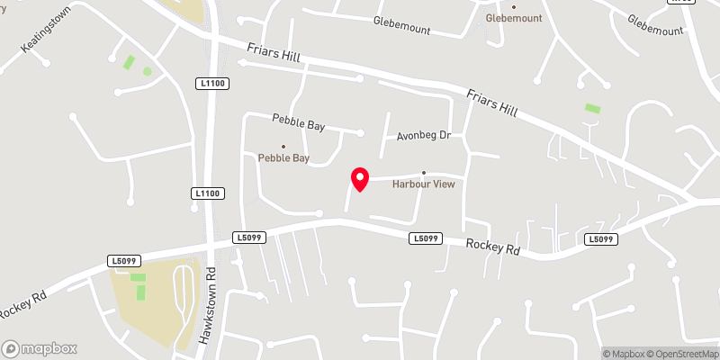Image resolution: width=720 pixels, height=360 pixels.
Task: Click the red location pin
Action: (360, 179)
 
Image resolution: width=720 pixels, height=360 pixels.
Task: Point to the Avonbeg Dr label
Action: (423, 136)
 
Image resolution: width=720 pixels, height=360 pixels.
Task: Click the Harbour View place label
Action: (424, 184)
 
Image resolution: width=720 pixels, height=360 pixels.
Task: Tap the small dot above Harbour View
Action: (424, 174)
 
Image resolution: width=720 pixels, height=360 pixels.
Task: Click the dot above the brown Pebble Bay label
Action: (283, 147)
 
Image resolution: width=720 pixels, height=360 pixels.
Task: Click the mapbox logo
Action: (40, 348)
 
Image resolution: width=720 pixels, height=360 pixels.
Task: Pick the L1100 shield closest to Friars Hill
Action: (212, 84)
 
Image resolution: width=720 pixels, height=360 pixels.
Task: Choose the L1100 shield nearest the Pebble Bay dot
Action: (208, 193)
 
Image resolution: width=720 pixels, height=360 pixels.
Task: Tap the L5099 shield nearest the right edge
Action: (600, 239)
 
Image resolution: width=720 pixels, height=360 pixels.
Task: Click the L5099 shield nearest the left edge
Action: (125, 261)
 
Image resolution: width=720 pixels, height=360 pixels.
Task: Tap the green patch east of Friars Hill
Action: (592, 109)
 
